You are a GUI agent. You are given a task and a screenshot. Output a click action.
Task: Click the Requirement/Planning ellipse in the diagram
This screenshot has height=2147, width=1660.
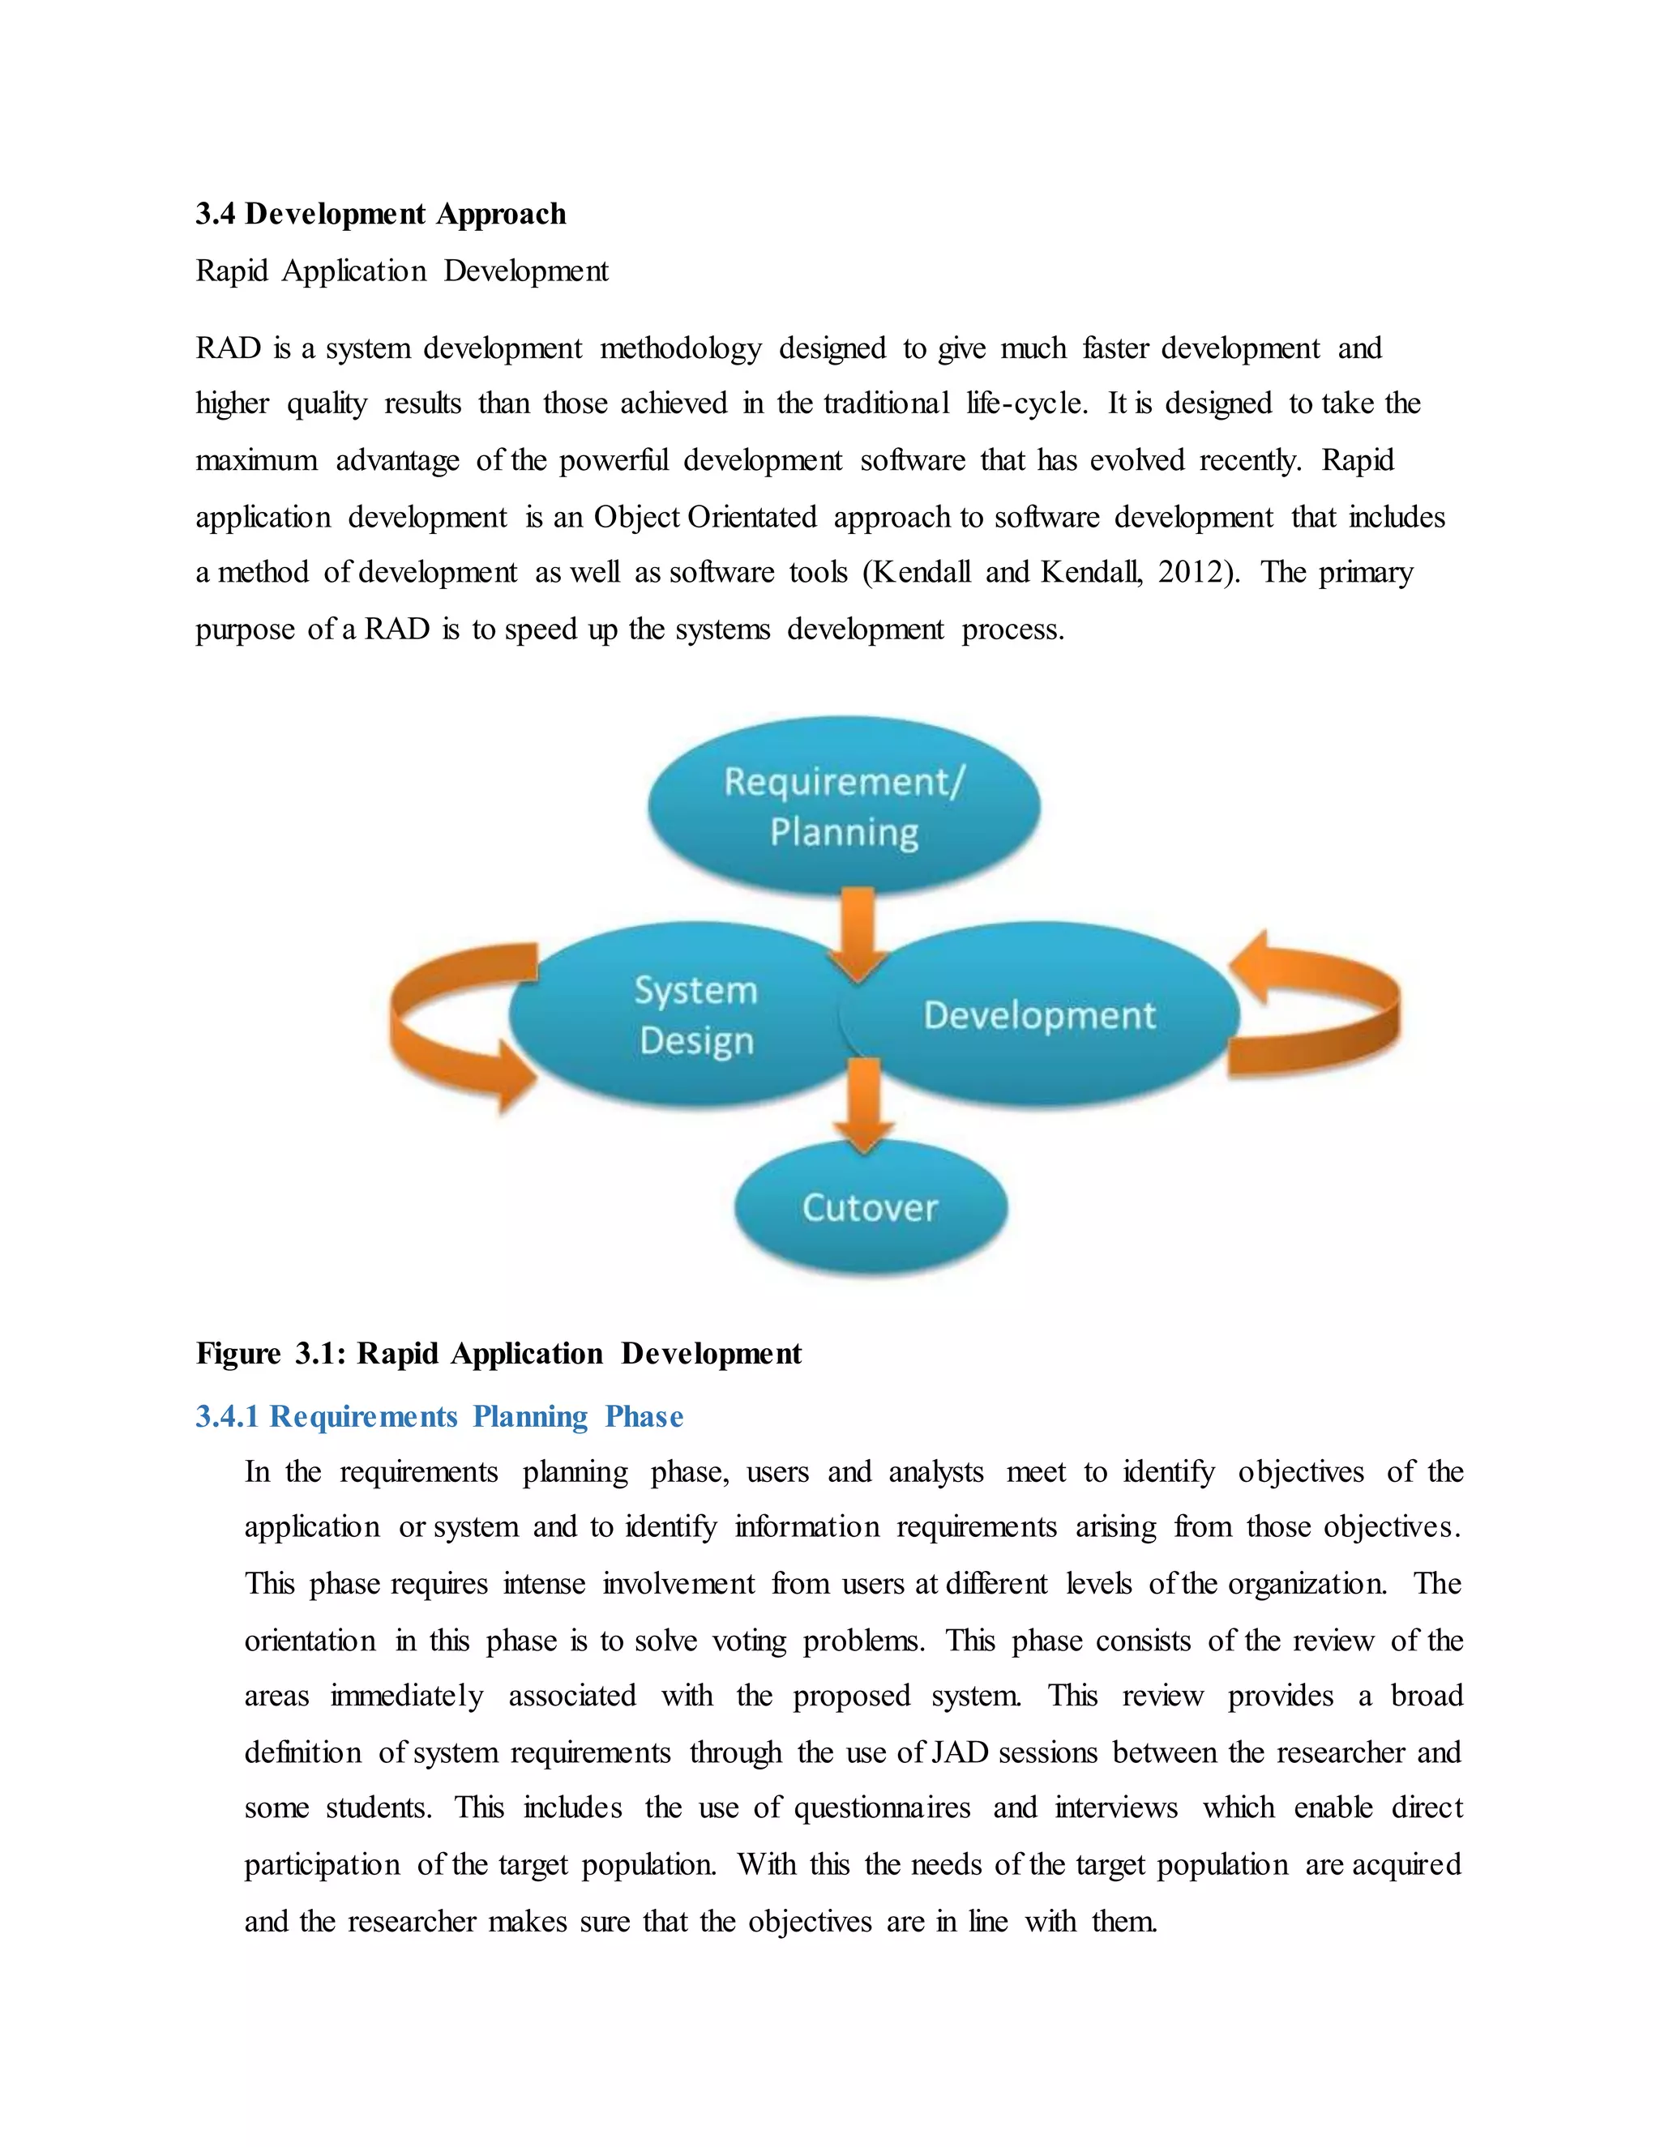843,805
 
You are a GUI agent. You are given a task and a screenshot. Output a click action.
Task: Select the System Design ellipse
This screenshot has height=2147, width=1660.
678,1014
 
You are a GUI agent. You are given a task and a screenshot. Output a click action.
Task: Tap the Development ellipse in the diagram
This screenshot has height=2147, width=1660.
1039,1014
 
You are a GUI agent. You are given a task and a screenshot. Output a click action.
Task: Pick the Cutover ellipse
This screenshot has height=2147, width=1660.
871,1207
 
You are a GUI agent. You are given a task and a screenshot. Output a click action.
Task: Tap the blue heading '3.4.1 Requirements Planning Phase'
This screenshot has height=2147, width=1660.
439,1416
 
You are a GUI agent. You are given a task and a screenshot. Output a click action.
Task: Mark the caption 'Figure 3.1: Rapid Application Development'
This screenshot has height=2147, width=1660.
498,1354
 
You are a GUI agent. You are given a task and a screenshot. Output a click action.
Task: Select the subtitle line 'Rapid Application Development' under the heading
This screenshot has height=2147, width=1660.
402,271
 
